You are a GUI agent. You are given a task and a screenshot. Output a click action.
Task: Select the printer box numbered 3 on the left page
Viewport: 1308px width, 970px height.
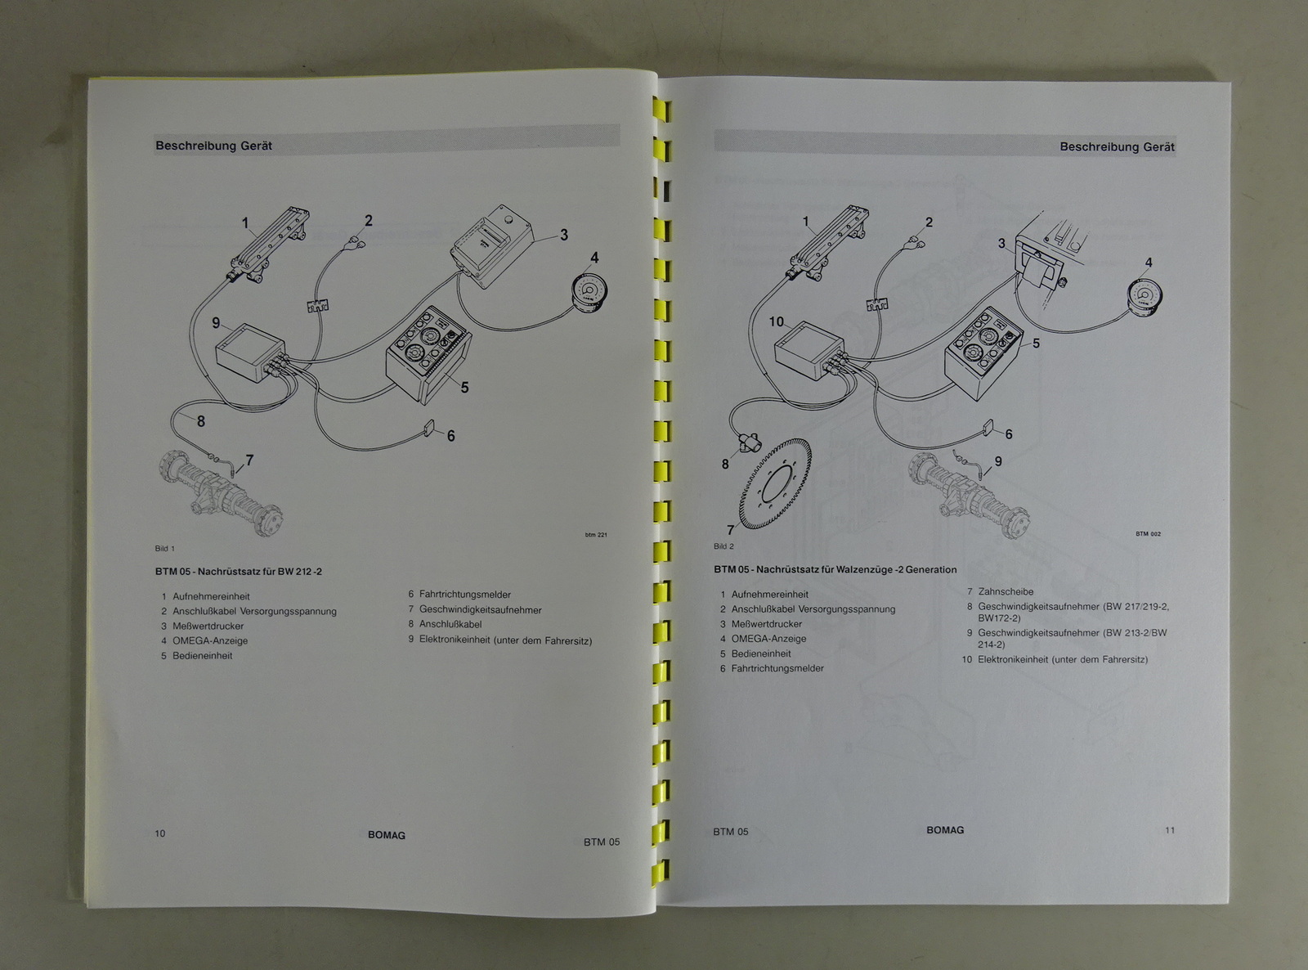coord(491,247)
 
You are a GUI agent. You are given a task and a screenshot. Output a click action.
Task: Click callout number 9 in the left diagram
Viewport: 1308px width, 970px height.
coord(216,323)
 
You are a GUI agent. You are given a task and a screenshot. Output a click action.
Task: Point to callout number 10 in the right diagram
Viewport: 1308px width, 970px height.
coord(776,321)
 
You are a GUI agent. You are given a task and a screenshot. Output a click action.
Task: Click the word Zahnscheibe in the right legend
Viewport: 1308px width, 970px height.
coord(1006,591)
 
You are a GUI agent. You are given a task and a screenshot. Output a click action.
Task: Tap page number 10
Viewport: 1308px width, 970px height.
coord(159,833)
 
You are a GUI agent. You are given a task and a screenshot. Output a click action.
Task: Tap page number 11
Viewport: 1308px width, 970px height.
coord(1169,830)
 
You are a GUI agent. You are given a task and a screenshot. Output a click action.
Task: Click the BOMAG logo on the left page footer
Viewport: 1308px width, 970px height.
coord(386,835)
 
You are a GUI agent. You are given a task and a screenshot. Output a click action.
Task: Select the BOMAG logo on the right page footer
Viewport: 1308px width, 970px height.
coord(945,829)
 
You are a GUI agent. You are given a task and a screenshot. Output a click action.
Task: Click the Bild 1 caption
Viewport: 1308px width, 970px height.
coord(164,548)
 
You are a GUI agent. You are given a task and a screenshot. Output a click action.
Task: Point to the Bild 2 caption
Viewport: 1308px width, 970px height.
coord(723,546)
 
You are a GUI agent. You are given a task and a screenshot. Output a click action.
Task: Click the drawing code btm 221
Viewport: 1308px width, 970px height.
coord(596,535)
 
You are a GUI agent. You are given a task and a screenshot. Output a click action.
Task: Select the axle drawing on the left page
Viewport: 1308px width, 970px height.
coord(220,493)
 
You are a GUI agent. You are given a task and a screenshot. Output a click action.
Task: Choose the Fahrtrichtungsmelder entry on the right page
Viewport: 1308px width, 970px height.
coord(772,668)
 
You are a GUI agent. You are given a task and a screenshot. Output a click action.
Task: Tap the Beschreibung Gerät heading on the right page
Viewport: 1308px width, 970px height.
coord(1117,147)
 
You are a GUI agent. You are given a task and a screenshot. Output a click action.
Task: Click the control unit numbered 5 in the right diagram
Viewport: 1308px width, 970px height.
coord(983,354)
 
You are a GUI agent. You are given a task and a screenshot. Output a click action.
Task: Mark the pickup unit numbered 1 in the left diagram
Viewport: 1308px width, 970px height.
coord(270,246)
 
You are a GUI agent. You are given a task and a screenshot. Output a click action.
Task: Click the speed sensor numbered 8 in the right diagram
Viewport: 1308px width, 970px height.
coord(746,442)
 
